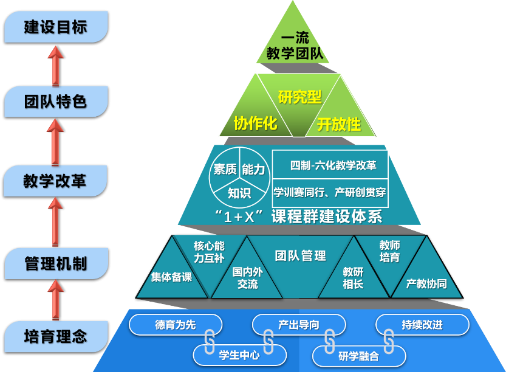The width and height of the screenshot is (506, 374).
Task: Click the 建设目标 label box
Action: coord(55,27)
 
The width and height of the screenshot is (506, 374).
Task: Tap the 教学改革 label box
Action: coord(55,181)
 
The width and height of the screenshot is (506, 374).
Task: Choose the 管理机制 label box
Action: coord(55,263)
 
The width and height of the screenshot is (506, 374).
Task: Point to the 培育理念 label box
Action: coord(55,336)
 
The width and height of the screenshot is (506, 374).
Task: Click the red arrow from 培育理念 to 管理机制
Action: coord(56,300)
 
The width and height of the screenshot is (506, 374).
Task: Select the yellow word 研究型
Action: coord(299,97)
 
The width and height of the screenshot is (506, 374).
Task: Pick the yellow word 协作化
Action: coord(255,123)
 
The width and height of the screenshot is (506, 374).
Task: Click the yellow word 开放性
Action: coord(338,125)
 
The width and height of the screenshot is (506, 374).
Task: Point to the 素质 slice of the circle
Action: coord(224,170)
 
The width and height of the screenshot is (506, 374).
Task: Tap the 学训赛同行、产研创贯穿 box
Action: coord(330,193)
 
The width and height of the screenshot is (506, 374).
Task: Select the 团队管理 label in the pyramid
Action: coord(300,255)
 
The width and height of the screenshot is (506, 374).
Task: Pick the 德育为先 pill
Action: coord(175,325)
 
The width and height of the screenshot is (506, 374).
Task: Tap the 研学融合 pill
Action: coord(358,356)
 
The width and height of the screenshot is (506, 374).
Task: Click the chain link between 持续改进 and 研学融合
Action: coord(387,342)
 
